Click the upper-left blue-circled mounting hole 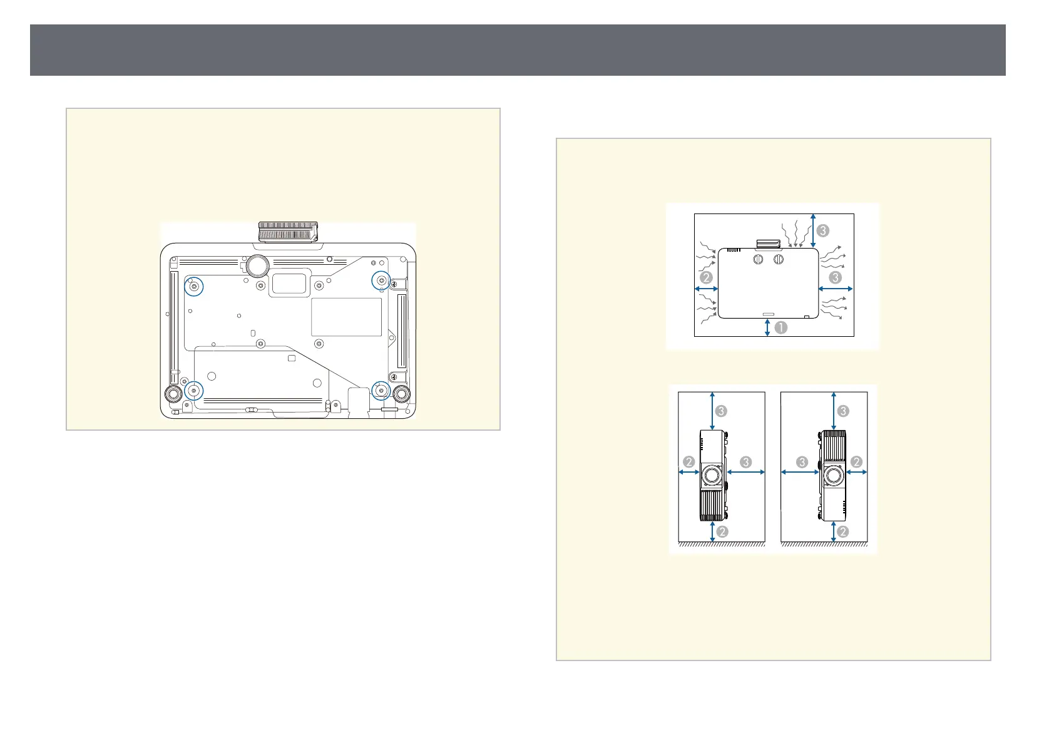point(193,287)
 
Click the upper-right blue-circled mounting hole point(381,281)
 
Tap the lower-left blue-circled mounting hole point(193,391)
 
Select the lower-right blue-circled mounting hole point(381,390)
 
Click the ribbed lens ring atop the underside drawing point(288,232)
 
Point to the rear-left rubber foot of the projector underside point(173,393)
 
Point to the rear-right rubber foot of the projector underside point(401,393)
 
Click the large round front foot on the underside point(257,265)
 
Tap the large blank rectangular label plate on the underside point(346,317)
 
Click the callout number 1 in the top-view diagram point(780,327)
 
